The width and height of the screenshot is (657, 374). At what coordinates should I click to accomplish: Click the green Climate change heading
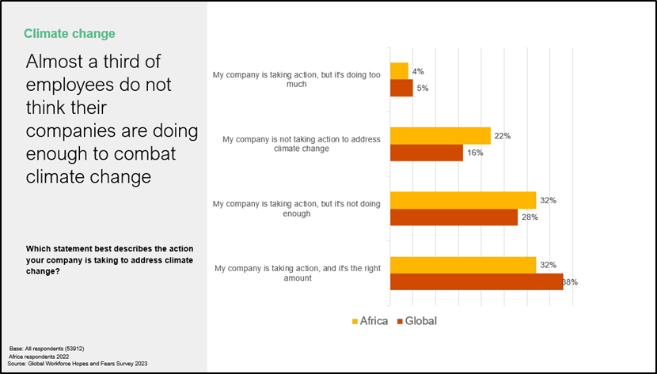(x=70, y=33)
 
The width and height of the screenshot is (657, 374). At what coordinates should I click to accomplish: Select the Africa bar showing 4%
(x=399, y=71)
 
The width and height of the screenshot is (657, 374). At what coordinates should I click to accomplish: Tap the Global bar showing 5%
(x=401, y=88)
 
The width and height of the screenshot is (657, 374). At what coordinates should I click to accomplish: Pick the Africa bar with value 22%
(x=440, y=136)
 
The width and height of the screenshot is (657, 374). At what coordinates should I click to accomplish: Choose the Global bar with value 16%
(x=426, y=153)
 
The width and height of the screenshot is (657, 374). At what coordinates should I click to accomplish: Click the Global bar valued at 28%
(x=454, y=217)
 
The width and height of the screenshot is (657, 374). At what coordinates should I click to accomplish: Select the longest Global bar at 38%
(x=476, y=281)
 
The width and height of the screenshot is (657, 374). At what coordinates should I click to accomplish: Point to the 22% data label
(x=502, y=136)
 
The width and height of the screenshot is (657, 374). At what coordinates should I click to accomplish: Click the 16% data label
(x=474, y=153)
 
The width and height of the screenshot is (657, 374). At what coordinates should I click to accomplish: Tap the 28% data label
(x=529, y=217)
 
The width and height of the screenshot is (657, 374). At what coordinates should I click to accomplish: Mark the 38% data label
(x=569, y=281)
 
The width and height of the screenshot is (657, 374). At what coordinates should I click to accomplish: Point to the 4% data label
(x=418, y=71)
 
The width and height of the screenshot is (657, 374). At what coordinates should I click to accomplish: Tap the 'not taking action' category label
(x=302, y=144)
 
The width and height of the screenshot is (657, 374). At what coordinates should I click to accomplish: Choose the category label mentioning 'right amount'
(x=297, y=274)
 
